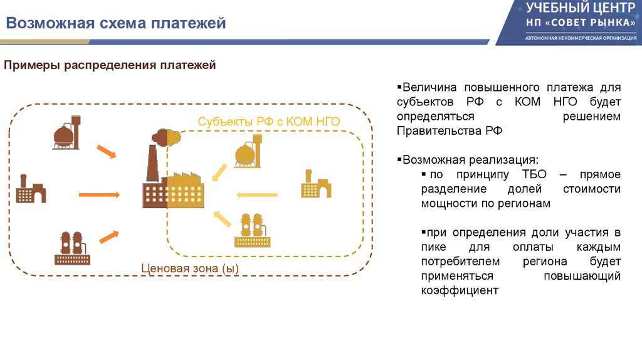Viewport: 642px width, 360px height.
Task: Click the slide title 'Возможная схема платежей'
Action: click(x=116, y=24)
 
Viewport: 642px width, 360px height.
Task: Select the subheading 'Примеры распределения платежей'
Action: click(x=111, y=65)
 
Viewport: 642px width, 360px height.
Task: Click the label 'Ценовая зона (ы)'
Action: click(x=190, y=268)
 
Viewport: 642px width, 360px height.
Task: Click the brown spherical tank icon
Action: click(x=66, y=132)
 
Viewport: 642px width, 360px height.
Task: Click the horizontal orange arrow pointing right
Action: click(x=100, y=195)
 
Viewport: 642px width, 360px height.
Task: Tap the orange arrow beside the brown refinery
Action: click(x=109, y=236)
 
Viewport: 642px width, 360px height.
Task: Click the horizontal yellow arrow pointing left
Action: click(x=257, y=195)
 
